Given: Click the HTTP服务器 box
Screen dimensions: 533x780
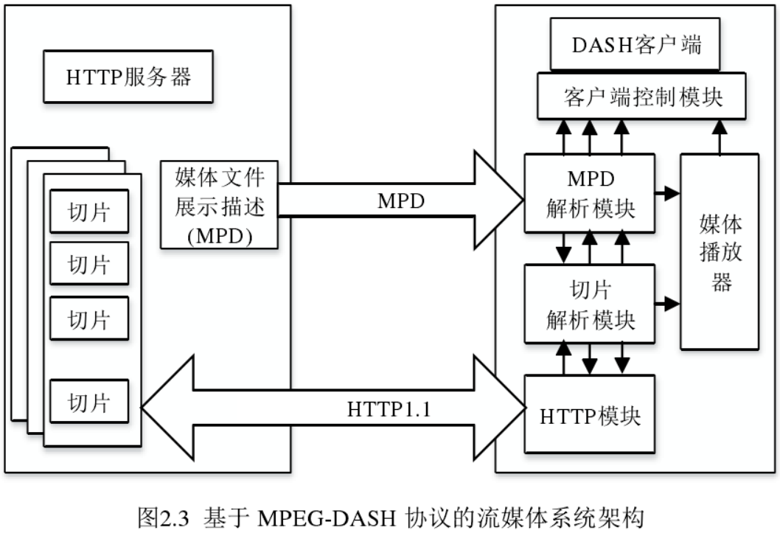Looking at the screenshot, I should pos(128,77).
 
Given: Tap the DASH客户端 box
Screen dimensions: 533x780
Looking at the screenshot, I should pos(636,45).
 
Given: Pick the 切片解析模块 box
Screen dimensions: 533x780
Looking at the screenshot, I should pos(589,303).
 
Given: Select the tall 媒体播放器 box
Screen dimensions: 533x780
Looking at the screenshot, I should pos(719,251).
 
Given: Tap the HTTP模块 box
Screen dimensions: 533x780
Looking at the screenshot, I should pos(589,415).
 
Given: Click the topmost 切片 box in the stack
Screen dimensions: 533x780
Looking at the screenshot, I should pos(89,212).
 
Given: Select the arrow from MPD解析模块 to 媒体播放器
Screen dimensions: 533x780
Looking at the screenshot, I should pos(667,194).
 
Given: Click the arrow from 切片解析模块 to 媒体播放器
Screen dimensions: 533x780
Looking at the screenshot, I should pos(667,303).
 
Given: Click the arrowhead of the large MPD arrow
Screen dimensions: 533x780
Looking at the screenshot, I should pos(501,199).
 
